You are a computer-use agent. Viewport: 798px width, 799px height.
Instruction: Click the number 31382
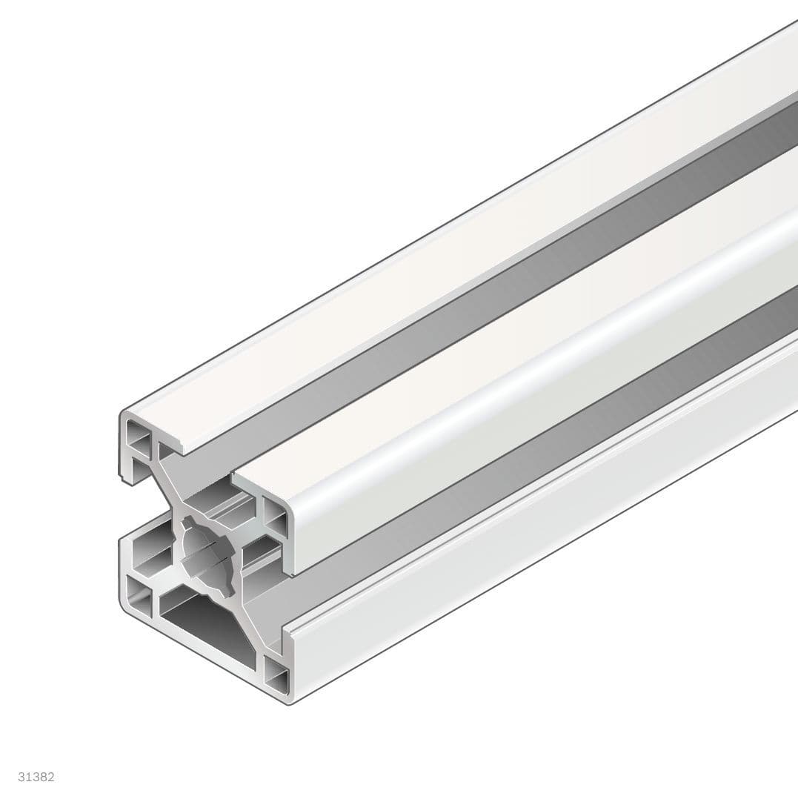pos(36,777)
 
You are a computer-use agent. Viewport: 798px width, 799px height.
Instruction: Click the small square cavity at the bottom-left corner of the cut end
pos(138,594)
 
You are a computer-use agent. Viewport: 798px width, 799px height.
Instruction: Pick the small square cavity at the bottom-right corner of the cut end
pos(276,675)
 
